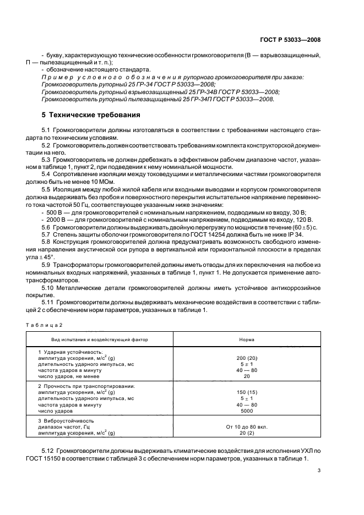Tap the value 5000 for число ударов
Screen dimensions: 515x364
click(x=247, y=411)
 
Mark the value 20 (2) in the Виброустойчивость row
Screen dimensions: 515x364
click(x=247, y=434)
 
